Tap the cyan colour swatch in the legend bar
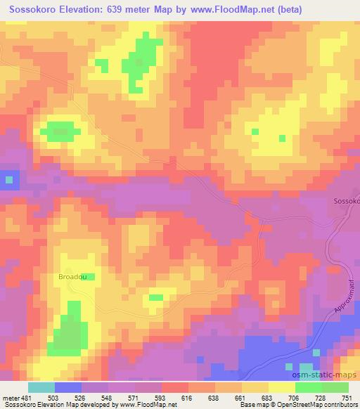[x=41, y=388]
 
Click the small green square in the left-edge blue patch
[x=9, y=180]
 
